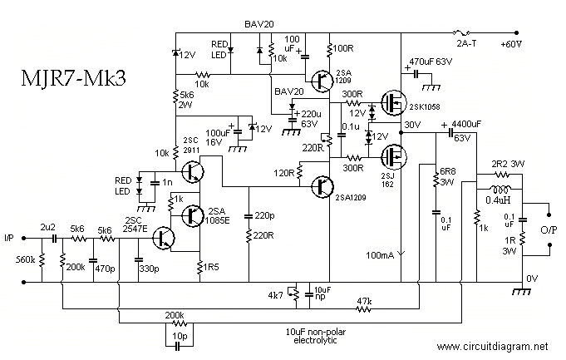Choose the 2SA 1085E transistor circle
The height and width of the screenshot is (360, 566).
pos(192,215)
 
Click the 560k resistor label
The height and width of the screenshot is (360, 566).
pos(24,260)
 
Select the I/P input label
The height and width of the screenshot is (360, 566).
pos(11,237)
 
